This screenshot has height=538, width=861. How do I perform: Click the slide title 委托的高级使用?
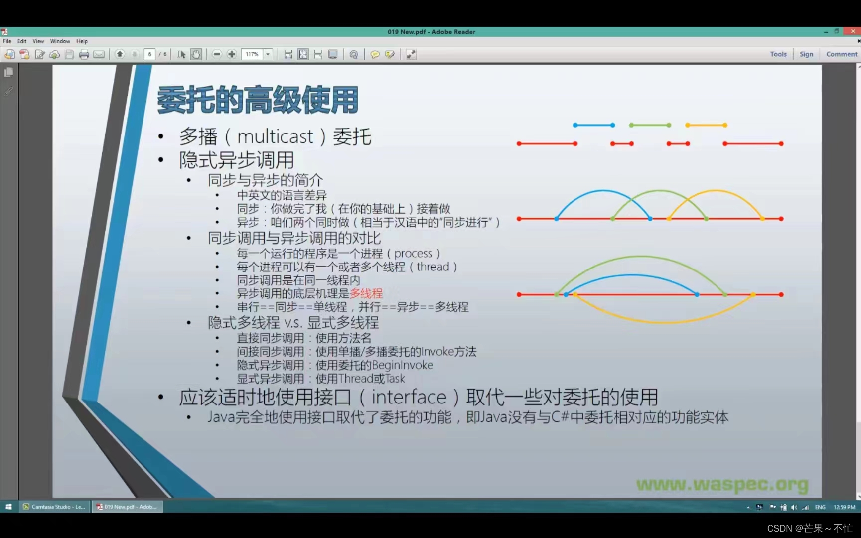click(258, 100)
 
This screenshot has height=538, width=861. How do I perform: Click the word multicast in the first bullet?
click(275, 136)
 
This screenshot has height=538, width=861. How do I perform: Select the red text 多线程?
click(366, 293)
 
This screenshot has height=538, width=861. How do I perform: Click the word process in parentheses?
click(413, 254)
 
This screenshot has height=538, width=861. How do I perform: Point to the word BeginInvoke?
click(402, 365)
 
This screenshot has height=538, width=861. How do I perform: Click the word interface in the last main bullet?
click(409, 397)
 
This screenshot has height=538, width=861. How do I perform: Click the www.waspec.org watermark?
click(722, 484)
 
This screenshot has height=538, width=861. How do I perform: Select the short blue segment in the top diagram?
click(593, 125)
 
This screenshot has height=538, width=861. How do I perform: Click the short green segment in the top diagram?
click(650, 125)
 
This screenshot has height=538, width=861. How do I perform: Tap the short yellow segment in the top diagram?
click(706, 125)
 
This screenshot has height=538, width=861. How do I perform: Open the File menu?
click(7, 41)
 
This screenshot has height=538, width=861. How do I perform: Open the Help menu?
click(82, 41)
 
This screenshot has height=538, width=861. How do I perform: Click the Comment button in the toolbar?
click(841, 54)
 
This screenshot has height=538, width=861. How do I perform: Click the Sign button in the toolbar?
click(806, 54)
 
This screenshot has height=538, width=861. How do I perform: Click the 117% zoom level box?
click(252, 54)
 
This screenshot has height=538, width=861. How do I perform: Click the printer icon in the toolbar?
click(84, 54)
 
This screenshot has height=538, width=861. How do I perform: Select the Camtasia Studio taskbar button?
click(54, 507)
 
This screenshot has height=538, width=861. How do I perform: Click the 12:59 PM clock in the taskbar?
click(844, 507)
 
